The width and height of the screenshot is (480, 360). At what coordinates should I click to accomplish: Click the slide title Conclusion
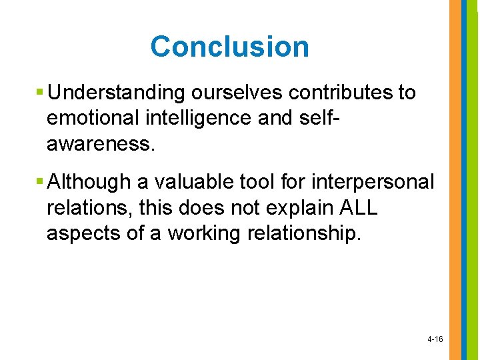pyautogui.click(x=229, y=47)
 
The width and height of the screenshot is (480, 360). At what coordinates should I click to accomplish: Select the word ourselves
pyautogui.click(x=213, y=93)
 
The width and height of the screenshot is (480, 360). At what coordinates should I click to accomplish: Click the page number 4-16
pyautogui.click(x=435, y=339)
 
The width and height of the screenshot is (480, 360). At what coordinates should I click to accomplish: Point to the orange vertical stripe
pyautogui.click(x=455, y=180)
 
